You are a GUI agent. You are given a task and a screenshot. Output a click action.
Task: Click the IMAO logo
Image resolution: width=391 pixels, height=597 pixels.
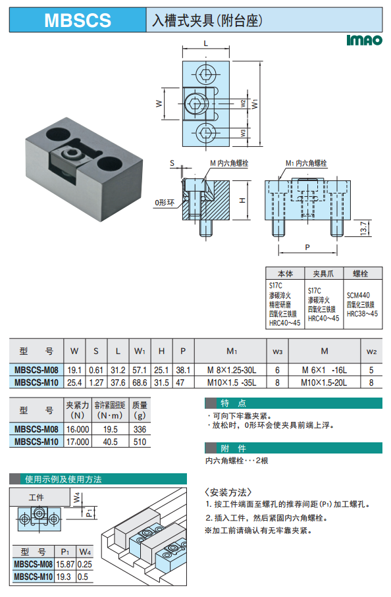[364, 40]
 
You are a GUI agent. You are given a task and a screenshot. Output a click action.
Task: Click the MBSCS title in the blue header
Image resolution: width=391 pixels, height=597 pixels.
[78, 20]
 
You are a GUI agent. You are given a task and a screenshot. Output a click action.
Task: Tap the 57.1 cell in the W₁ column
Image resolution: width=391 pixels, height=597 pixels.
[140, 370]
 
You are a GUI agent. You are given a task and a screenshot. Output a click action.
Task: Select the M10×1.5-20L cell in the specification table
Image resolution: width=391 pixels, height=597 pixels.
[324, 382]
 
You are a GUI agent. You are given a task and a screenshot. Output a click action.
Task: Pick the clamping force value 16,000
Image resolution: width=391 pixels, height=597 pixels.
[78, 429]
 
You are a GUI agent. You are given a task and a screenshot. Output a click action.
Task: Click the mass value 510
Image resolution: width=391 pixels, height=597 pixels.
[140, 442]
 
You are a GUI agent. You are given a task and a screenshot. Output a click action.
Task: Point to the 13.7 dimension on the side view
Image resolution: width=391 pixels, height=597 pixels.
[363, 228]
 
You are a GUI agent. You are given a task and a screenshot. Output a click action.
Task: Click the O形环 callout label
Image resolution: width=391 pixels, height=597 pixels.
[164, 203]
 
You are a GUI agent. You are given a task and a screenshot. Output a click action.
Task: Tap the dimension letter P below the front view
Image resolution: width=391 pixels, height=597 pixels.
[307, 247]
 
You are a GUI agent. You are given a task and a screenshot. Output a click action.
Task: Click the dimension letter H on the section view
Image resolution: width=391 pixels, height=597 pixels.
[242, 200]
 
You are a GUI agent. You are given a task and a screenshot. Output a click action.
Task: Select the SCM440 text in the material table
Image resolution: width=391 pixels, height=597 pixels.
[358, 295]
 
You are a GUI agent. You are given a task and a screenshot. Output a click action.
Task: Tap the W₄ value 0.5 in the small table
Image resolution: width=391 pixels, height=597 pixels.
[83, 577]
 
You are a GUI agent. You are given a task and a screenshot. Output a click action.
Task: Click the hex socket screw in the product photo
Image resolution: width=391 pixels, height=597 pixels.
[71, 153]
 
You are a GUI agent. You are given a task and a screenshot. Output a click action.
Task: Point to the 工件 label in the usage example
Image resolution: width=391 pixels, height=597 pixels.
[36, 497]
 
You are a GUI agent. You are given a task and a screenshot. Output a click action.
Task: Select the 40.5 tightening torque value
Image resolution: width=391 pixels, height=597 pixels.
[111, 442]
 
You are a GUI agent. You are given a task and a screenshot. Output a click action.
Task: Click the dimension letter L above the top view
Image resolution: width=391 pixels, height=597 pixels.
[205, 43]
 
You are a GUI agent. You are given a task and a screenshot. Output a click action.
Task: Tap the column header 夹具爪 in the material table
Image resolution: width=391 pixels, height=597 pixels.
[323, 273]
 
